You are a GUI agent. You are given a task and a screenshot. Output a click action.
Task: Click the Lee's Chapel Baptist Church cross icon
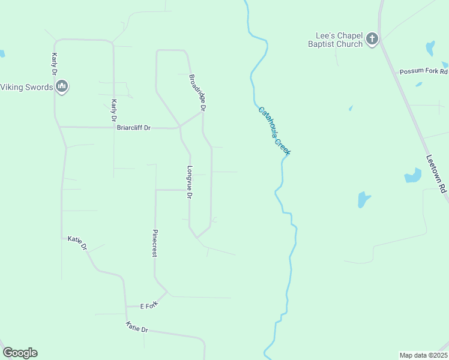[372, 40]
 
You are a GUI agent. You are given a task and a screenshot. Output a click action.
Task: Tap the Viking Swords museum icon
[61, 87]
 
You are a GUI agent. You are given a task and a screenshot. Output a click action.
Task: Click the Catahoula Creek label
[274, 131]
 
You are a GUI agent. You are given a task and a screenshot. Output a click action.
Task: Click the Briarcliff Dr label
[134, 127]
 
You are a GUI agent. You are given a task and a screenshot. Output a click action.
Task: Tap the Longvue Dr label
[190, 182]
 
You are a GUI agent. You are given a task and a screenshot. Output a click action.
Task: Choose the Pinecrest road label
[155, 243]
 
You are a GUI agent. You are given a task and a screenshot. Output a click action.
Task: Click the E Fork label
[148, 305]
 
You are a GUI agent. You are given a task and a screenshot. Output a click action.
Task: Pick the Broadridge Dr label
[197, 93]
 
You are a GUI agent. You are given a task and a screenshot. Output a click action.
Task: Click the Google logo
[20, 353]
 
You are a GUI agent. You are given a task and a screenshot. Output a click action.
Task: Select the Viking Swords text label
[26, 87]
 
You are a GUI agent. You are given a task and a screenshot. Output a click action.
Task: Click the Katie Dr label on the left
[77, 243]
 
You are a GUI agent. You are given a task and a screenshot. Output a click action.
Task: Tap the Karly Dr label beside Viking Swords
[54, 64]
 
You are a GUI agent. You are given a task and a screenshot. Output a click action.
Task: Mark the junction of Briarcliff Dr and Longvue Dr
[179, 127]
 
